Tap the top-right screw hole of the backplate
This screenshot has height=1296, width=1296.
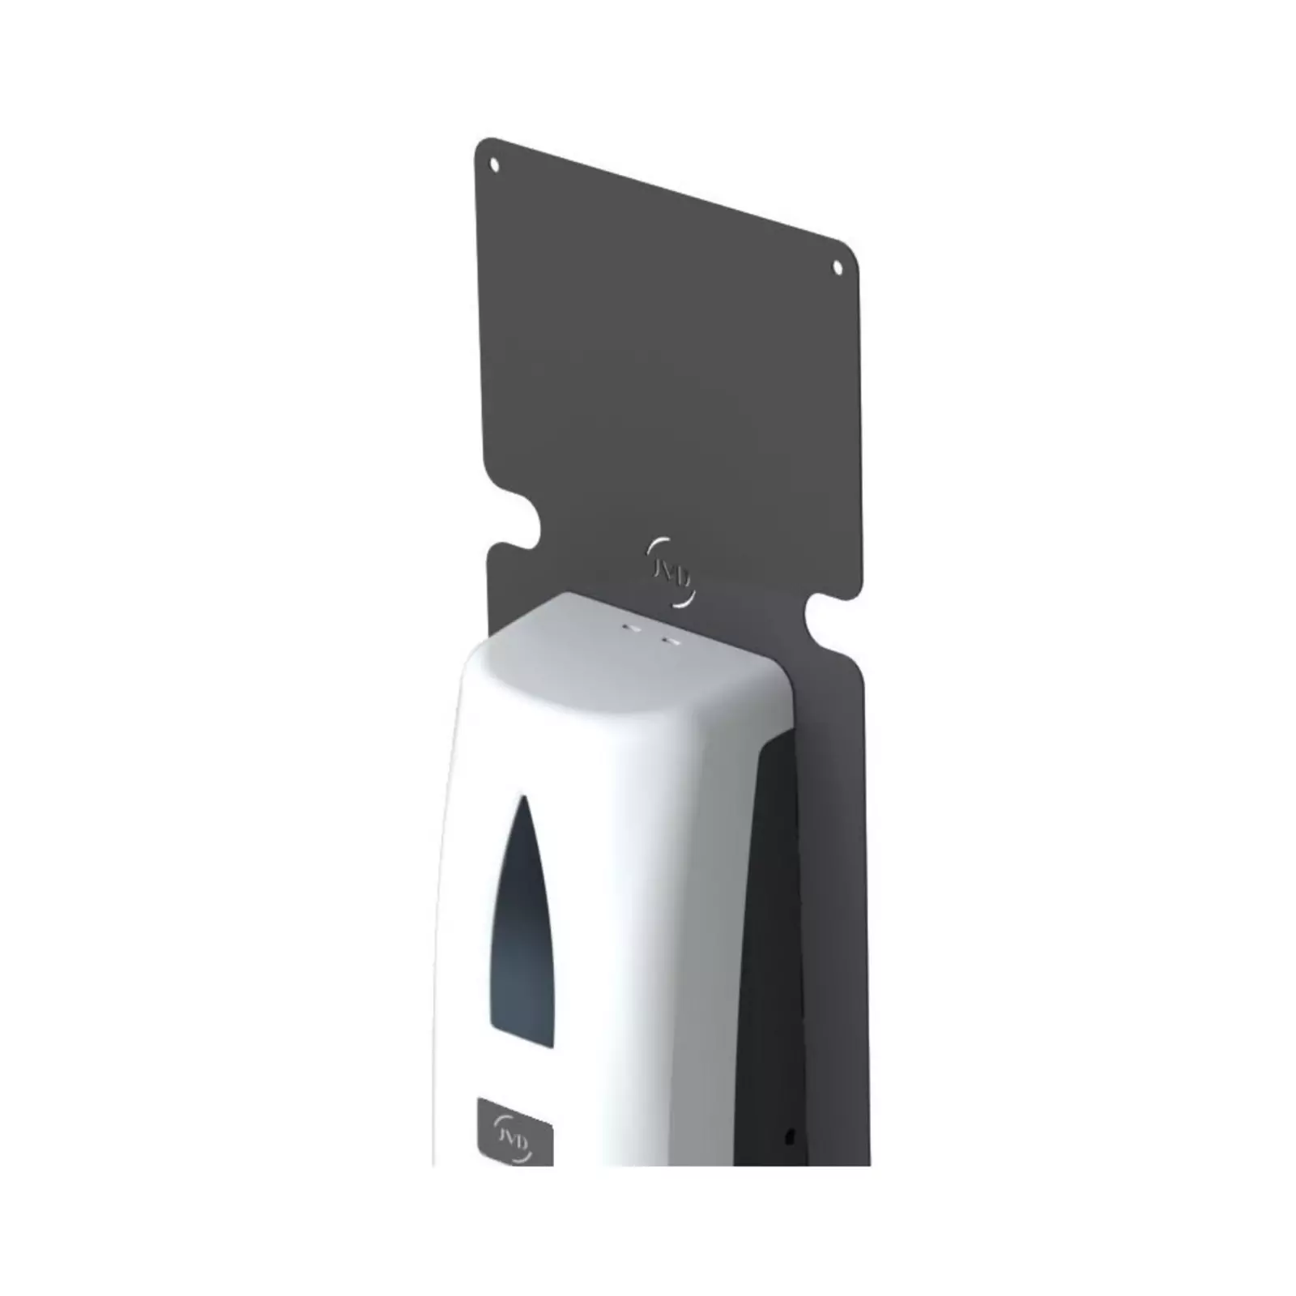pyautogui.click(x=838, y=266)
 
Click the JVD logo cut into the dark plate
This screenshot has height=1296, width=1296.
pyautogui.click(x=670, y=570)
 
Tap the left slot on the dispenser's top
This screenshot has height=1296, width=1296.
pyautogui.click(x=629, y=627)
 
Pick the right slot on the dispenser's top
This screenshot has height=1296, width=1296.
pyautogui.click(x=668, y=641)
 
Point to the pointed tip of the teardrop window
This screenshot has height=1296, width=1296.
pyautogui.click(x=525, y=797)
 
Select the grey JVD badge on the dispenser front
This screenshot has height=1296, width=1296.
pyautogui.click(x=514, y=1132)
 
